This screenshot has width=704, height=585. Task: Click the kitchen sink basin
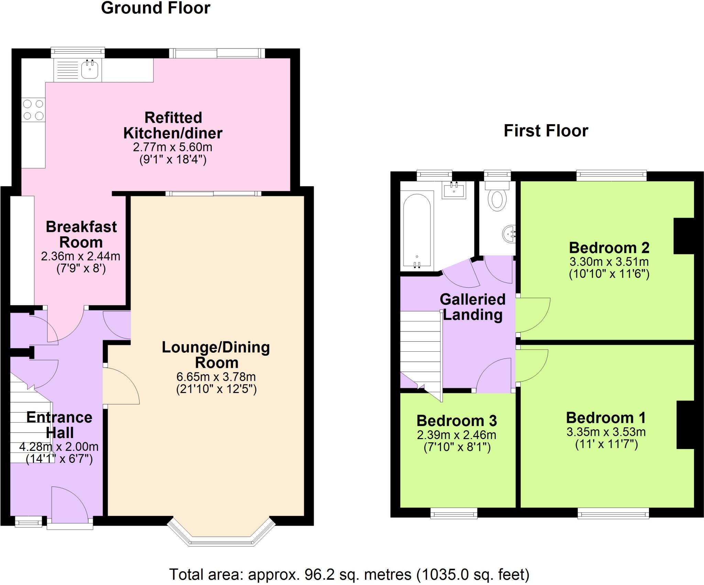tap(90, 70)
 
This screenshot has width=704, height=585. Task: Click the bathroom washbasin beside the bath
tap(454, 190)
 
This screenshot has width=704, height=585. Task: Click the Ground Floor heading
tap(155, 8)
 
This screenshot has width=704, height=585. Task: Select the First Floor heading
tap(546, 131)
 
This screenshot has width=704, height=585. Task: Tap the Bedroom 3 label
tap(456, 421)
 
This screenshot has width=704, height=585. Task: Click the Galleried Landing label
tap(473, 307)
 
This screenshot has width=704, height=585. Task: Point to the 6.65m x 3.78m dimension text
tap(216, 377)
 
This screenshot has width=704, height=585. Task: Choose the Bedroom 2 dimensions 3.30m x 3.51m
tap(609, 262)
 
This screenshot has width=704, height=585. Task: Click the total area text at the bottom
tap(349, 574)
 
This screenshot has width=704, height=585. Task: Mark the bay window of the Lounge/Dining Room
tap(221, 533)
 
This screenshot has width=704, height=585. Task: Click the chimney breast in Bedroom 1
tap(685, 425)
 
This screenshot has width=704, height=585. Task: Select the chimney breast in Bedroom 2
tap(684, 236)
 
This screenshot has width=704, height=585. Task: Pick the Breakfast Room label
tap(81, 234)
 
